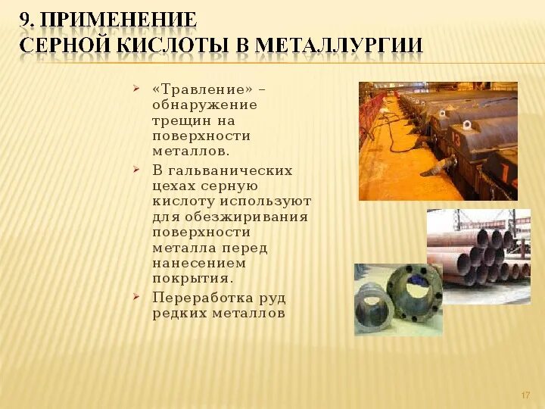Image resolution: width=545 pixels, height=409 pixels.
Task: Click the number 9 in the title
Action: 26,19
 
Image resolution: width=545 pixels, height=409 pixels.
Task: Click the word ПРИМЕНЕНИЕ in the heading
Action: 120,19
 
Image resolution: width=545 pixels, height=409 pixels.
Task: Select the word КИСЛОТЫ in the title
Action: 173,45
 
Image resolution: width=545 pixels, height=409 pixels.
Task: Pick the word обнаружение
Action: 204,105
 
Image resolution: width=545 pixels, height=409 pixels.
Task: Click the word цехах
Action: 174,186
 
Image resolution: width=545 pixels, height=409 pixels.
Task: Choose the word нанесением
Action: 199,264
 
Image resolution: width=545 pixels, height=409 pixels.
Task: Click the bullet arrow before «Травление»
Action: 135,88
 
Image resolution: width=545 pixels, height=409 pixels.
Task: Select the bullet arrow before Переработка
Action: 135,296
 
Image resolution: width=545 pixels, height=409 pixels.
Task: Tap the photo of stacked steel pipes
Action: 478,256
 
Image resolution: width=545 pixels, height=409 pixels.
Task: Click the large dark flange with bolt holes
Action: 414,290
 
